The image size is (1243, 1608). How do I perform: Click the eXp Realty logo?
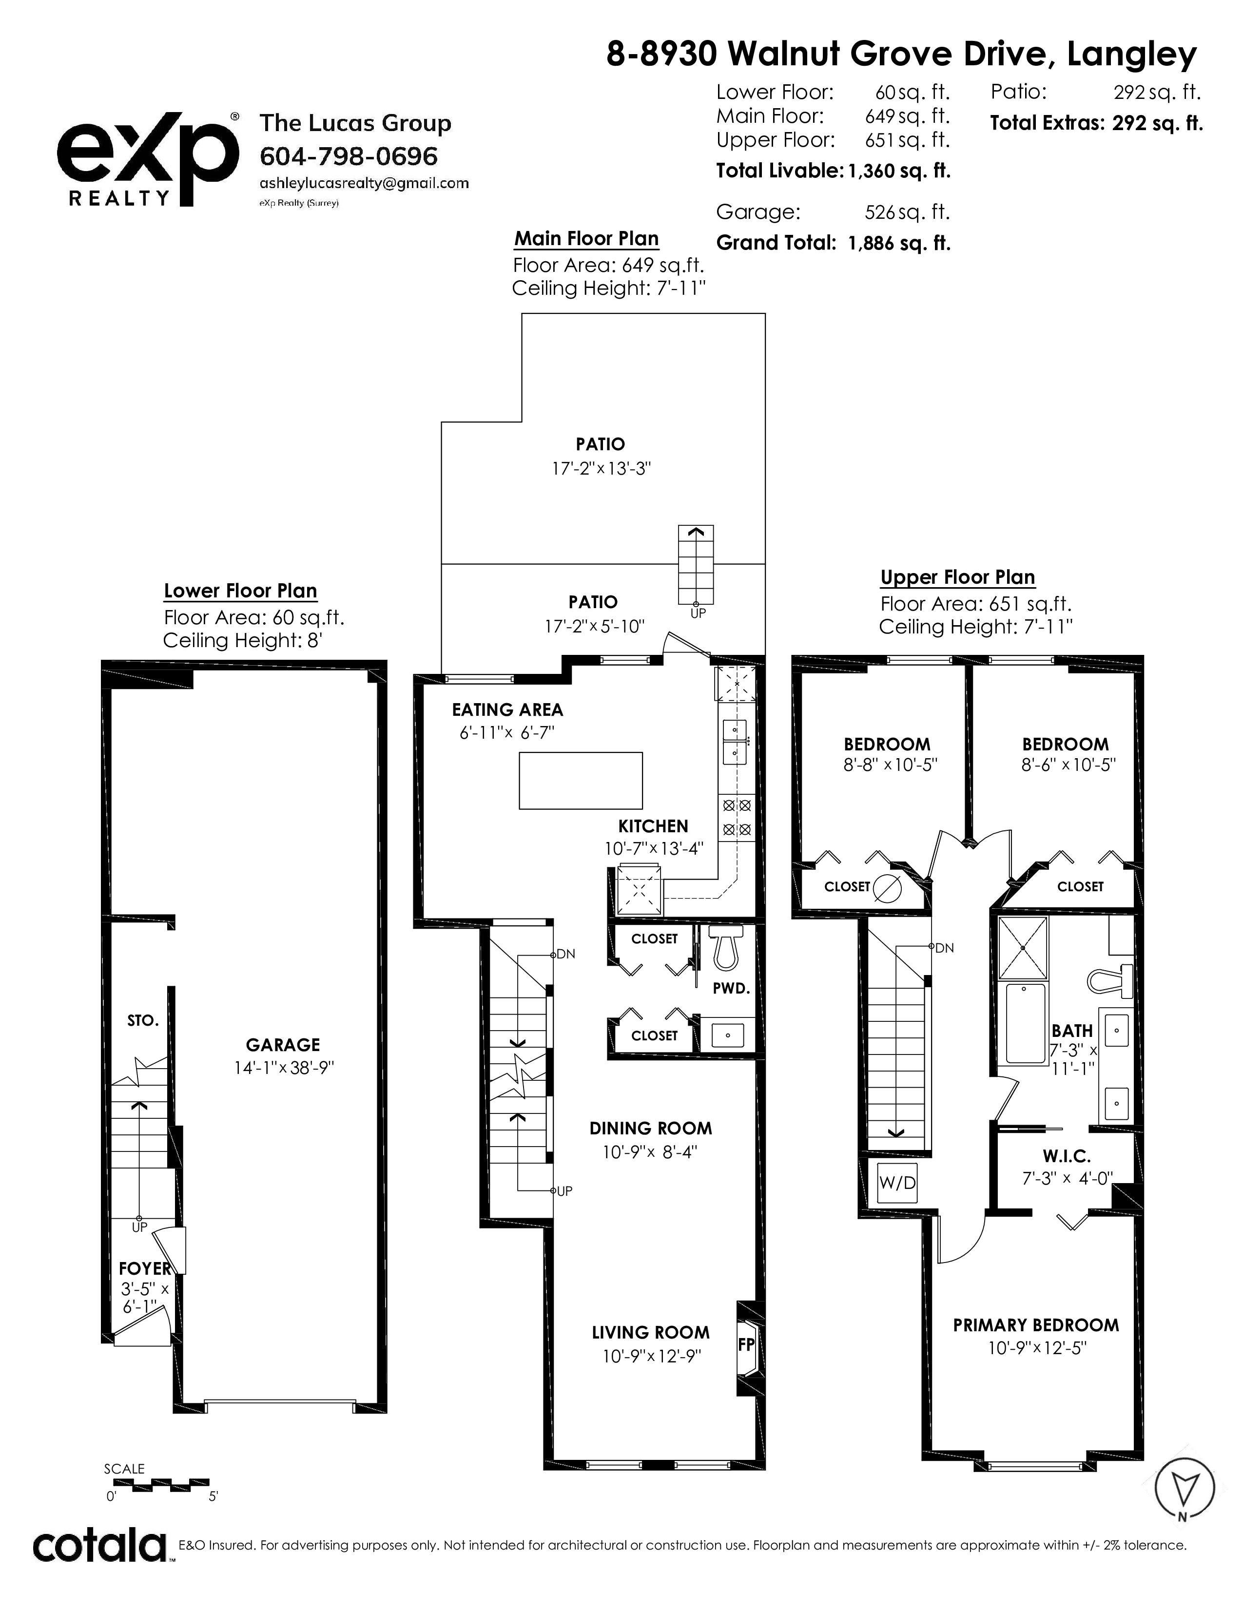[147, 158]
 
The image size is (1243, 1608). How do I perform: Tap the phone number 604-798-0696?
[349, 156]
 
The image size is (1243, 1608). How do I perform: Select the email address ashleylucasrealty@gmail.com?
[364, 183]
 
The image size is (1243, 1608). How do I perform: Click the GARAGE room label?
[283, 1045]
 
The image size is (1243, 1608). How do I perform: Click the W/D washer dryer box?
[897, 1183]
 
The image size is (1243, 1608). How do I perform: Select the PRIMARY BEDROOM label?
[1035, 1325]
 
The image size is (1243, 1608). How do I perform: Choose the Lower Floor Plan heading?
[240, 591]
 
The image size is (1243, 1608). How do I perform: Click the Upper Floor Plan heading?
[957, 577]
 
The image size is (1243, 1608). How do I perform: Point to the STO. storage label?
[143, 1020]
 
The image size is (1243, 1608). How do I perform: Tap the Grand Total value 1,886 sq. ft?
[899, 243]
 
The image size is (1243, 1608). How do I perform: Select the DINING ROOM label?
[650, 1128]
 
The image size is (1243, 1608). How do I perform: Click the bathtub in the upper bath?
[1025, 1023]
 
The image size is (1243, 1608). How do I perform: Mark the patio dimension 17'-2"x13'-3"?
[602, 468]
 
